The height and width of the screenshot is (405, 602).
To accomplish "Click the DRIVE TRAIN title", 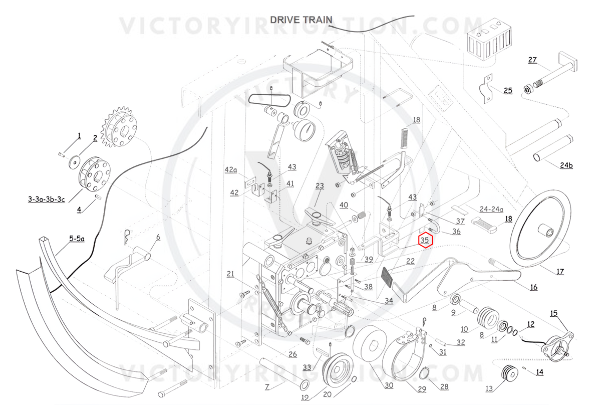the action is [301, 20].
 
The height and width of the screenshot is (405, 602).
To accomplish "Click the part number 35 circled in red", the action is [425, 240].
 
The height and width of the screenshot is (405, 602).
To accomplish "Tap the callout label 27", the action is [532, 60].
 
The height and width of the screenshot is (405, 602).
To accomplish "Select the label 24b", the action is [566, 165].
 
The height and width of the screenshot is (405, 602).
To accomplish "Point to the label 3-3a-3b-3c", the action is [47, 199].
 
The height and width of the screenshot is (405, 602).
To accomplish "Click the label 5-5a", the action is [77, 239].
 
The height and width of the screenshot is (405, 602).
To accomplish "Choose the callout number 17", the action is [560, 272].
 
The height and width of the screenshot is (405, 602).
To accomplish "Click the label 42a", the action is [231, 170].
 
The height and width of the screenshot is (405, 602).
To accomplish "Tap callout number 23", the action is [320, 186].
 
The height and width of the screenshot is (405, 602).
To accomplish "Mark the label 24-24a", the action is [491, 209].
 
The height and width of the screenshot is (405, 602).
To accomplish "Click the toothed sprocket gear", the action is [119, 127].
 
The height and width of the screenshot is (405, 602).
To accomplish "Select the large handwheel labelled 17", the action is [540, 229].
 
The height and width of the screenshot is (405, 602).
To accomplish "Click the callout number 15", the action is [553, 313].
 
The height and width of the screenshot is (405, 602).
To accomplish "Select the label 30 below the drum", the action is [389, 385].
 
